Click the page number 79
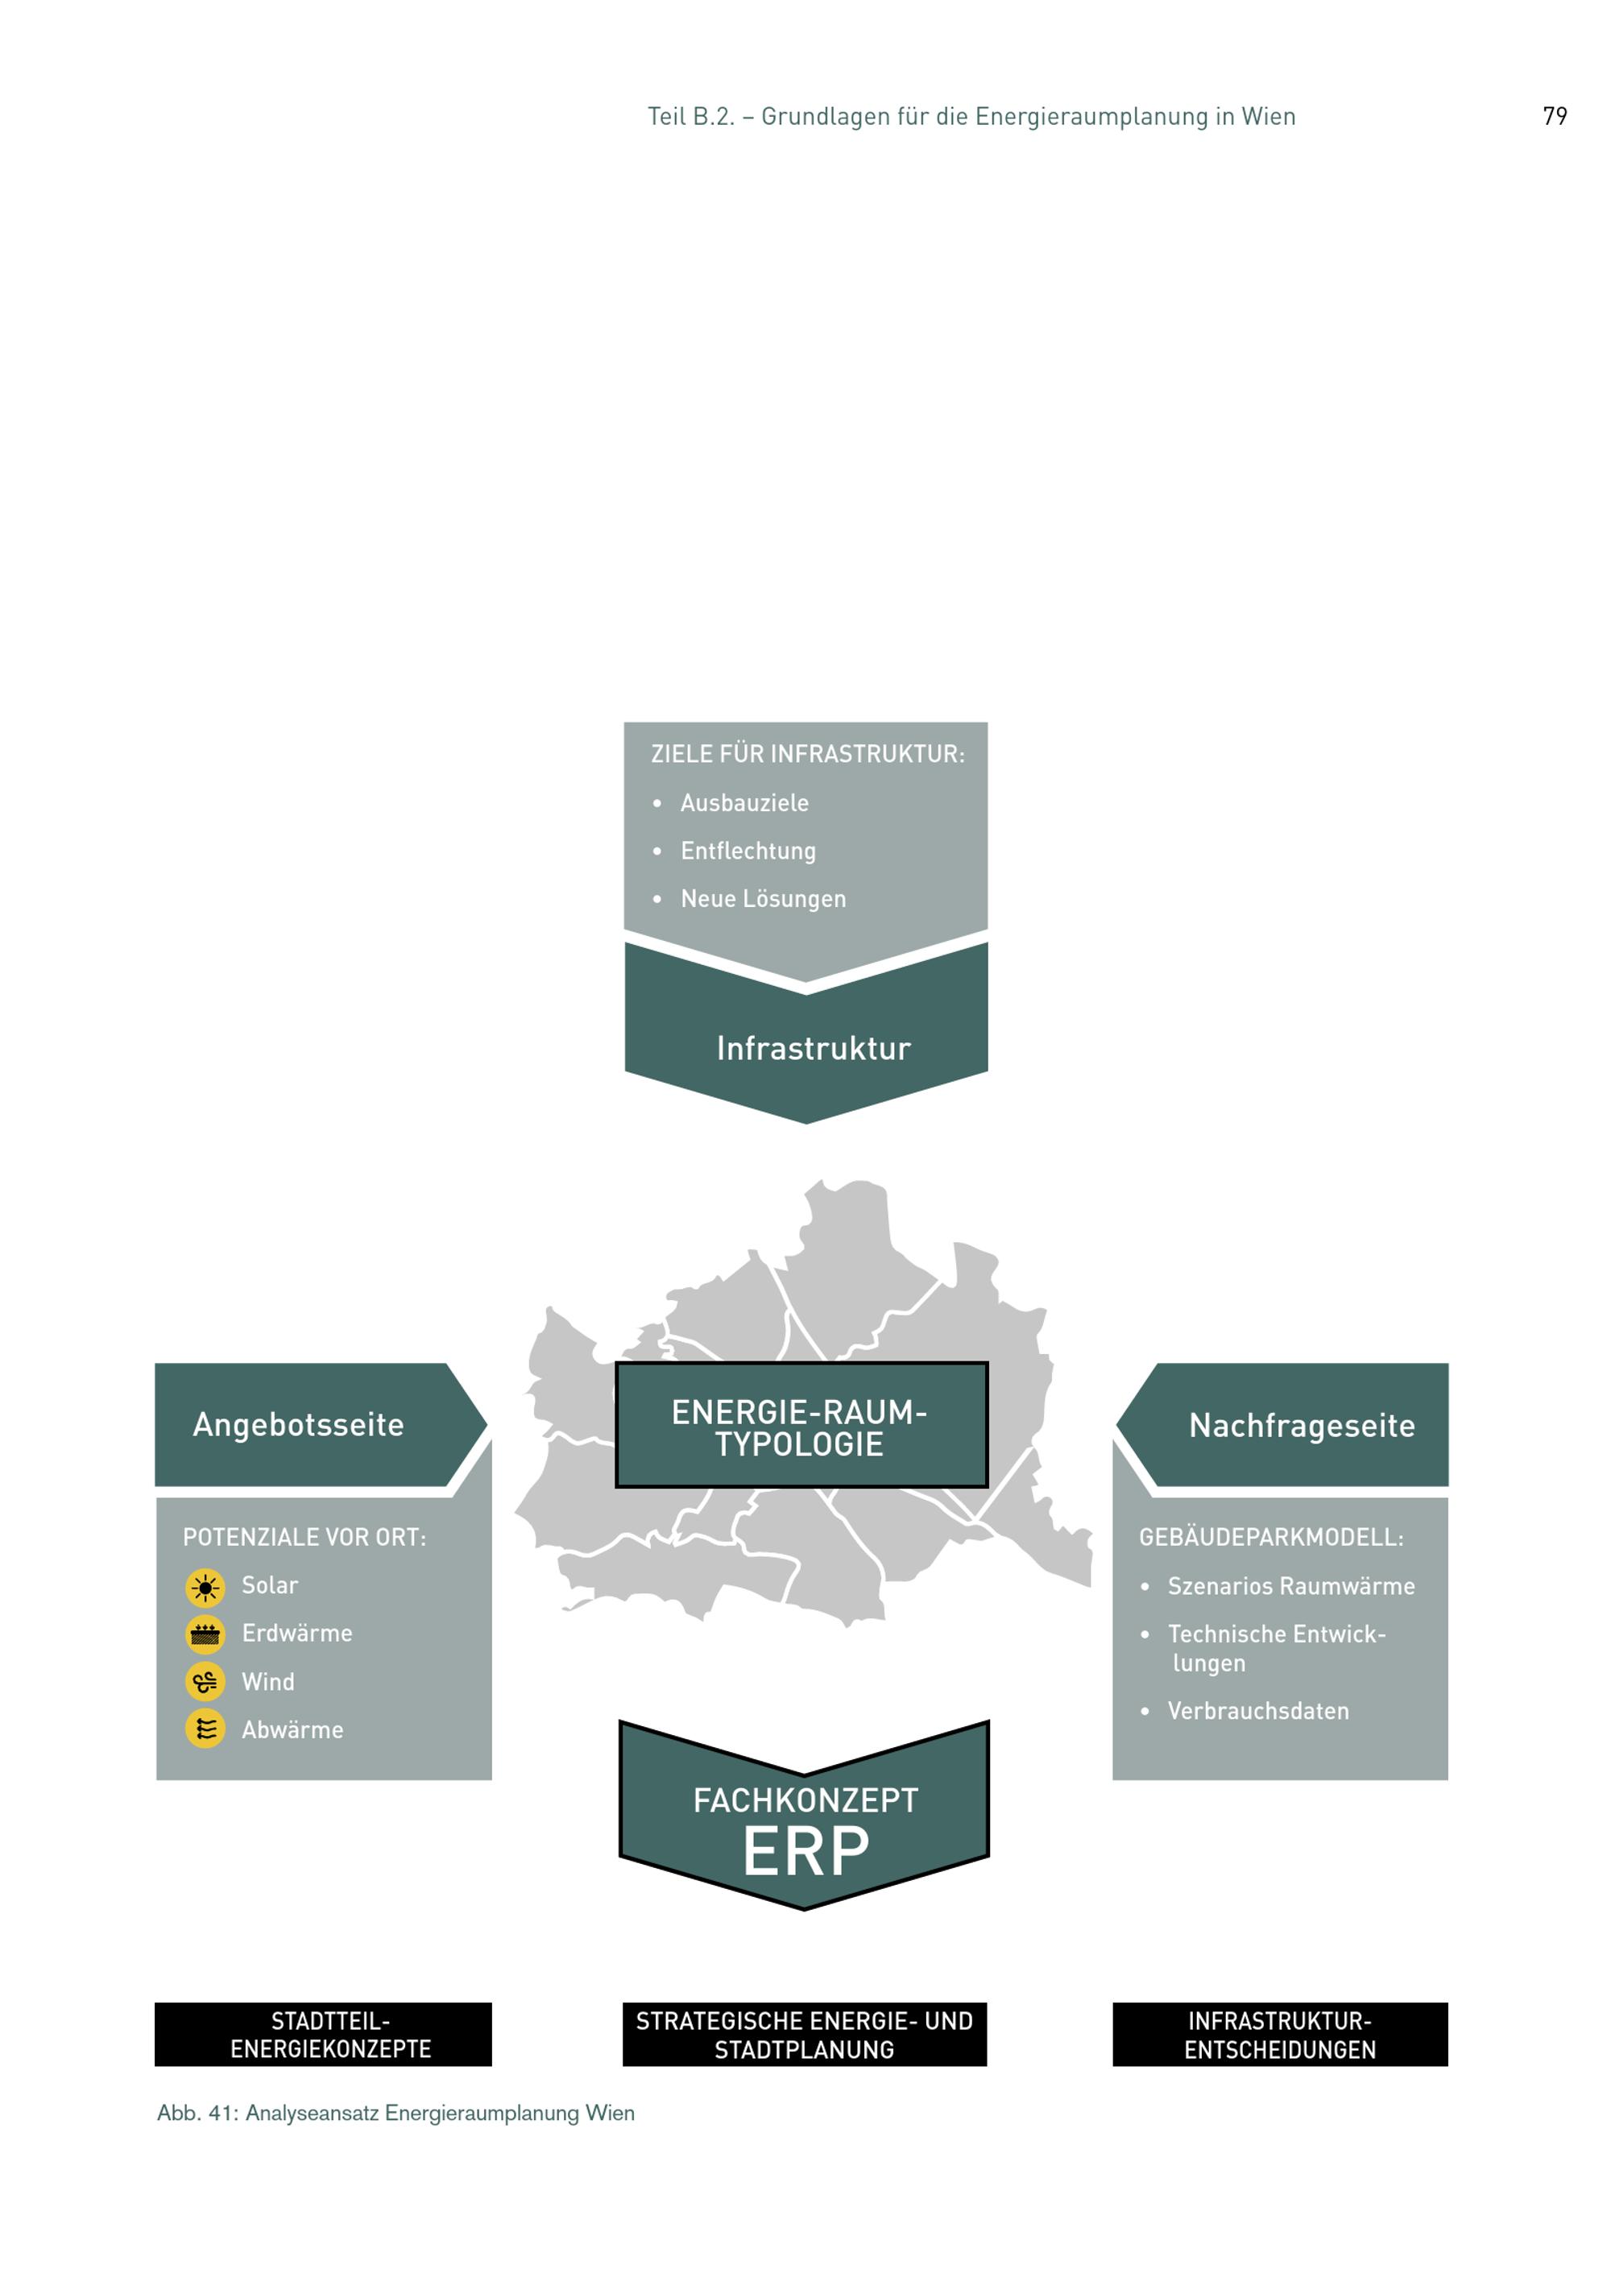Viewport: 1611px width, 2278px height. (x=1555, y=116)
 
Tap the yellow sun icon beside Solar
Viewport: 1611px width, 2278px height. (x=205, y=1588)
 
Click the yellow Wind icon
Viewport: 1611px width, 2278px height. (x=205, y=1683)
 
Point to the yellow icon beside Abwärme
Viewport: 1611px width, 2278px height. (x=205, y=1730)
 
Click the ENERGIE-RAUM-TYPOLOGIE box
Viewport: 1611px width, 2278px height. (x=801, y=1425)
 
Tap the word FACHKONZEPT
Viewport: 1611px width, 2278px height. (x=805, y=1800)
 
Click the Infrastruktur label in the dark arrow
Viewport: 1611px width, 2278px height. (x=814, y=1049)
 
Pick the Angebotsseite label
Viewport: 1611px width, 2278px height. (x=299, y=1425)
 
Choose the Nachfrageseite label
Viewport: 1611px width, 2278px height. (x=1302, y=1426)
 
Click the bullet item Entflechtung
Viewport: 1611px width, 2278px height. (x=748, y=851)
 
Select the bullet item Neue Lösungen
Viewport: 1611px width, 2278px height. (x=763, y=899)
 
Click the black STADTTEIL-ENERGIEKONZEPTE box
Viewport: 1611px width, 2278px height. (x=323, y=2035)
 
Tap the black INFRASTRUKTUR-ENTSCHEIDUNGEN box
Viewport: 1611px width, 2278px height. (x=1280, y=2035)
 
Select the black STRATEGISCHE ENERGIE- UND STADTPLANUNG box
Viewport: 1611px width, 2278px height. (x=805, y=2035)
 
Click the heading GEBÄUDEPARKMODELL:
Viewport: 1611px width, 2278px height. (x=1271, y=1538)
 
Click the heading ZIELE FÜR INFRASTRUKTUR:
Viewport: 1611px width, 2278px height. (x=807, y=754)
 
